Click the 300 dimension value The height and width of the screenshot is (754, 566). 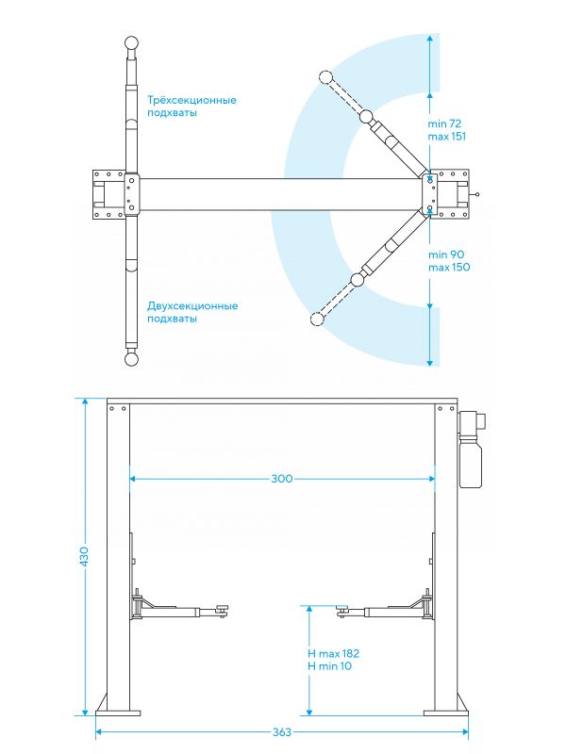281,479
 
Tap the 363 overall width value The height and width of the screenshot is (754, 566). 282,732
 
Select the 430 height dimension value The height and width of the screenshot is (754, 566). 84,556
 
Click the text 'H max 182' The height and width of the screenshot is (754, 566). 333,653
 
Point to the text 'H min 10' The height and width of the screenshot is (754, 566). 329,666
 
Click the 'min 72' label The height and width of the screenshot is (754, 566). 444,123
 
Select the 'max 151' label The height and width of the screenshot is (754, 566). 446,136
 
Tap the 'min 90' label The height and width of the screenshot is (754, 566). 446,254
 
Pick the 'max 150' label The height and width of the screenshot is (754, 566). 449,267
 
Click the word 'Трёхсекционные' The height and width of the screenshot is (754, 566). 191,101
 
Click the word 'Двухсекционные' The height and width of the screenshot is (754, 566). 192,306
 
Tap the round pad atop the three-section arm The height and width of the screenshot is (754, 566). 132,43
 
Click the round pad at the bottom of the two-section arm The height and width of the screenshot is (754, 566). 131,359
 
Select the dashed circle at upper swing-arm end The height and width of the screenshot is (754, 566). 325,77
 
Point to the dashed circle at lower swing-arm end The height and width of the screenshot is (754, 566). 316,319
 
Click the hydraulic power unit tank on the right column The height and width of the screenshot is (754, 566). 471,462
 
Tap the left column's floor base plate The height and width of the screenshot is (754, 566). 119,713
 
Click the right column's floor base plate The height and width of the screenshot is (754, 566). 446,713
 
